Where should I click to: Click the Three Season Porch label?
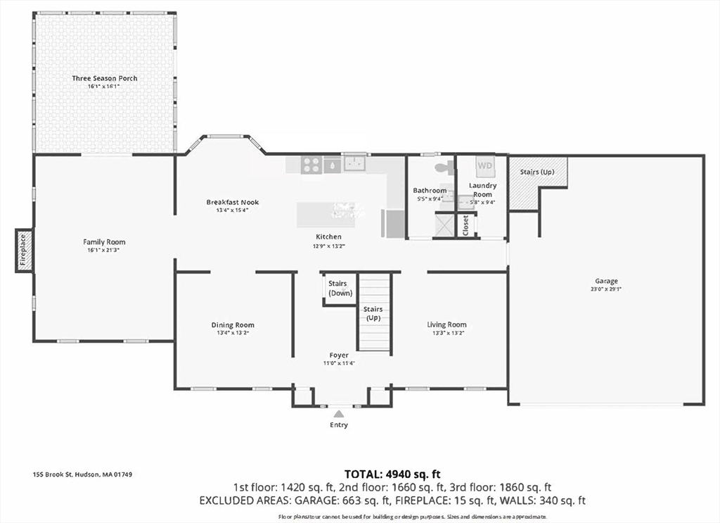tap(105, 78)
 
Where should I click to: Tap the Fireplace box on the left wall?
tap(23, 251)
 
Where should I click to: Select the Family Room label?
tap(104, 242)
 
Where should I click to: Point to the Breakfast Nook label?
tap(232, 202)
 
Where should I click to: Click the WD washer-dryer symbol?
tap(485, 165)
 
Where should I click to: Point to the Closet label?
tap(465, 225)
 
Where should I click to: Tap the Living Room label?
tap(446, 324)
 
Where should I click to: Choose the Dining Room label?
tap(233, 324)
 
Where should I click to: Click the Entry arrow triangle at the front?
tap(339, 414)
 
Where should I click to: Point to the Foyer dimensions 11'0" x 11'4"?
tap(339, 363)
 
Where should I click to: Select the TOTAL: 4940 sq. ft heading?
tap(392, 474)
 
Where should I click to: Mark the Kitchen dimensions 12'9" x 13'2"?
tap(328, 246)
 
